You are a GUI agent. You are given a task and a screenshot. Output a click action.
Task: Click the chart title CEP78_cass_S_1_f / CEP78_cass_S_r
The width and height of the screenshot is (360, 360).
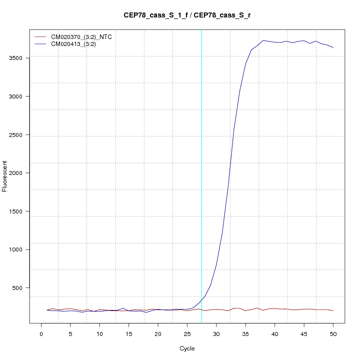tap(187, 15)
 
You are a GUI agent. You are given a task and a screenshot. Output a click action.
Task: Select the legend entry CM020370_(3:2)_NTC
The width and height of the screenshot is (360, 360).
tap(85, 37)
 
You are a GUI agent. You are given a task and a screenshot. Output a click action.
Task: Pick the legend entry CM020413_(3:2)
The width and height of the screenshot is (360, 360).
tap(77, 44)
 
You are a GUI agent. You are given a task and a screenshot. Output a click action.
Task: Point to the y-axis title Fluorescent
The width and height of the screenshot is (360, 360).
tap(5, 176)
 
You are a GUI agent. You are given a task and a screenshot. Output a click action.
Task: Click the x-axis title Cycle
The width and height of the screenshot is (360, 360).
tap(187, 348)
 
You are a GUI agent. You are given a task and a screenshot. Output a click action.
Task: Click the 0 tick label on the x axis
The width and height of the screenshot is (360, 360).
tap(41, 333)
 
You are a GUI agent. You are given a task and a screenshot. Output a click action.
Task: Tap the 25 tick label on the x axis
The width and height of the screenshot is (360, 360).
tap(187, 333)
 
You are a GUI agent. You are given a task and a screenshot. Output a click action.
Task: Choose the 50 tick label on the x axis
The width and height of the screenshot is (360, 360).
tap(333, 333)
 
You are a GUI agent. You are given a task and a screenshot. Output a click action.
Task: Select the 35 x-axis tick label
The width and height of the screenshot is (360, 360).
tap(245, 333)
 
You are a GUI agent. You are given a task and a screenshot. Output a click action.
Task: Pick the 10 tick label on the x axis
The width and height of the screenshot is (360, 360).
tap(99, 333)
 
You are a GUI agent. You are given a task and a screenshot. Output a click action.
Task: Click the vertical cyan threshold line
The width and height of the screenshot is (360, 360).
tap(201, 200)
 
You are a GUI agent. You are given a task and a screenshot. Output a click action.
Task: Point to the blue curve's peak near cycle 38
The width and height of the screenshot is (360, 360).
tap(263, 40)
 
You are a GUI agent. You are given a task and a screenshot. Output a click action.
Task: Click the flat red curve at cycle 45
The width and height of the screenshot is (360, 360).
tap(304, 309)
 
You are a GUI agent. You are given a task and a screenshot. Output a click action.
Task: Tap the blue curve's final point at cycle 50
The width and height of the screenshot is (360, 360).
tap(333, 47)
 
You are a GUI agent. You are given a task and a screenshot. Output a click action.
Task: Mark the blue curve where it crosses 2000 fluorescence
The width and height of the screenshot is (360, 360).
tap(229, 173)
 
